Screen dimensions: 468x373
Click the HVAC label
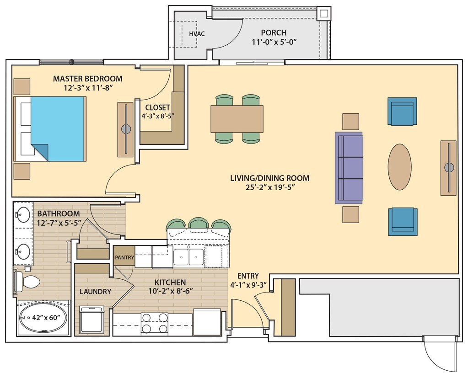197,34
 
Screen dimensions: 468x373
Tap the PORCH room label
274,32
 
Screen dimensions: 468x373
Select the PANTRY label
124,257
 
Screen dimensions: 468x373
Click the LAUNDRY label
95,292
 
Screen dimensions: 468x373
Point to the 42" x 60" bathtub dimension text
48,318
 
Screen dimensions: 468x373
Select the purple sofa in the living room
349,168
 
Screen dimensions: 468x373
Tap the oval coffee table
400,167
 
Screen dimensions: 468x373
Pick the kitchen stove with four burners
154,323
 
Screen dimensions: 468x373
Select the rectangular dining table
237,119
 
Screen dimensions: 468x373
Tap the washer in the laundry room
92,320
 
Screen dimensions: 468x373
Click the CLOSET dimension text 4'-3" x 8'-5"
158,116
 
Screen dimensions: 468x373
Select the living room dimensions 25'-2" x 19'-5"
270,187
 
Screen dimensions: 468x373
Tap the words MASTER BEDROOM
88,79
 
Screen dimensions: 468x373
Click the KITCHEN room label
170,282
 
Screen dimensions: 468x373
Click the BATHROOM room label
59,213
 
